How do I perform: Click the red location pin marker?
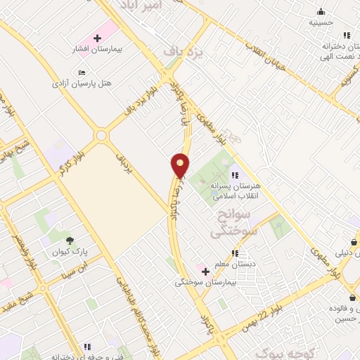click(x=181, y=165)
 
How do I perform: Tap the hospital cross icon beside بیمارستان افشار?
click(x=96, y=37)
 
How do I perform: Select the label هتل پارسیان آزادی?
click(x=82, y=83)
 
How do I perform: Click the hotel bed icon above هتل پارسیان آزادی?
click(x=82, y=72)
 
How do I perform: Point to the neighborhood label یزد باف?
click(x=178, y=51)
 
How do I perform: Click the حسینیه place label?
click(x=321, y=22)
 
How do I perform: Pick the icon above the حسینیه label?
click(x=321, y=11)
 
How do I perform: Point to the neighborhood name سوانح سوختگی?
click(x=234, y=222)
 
